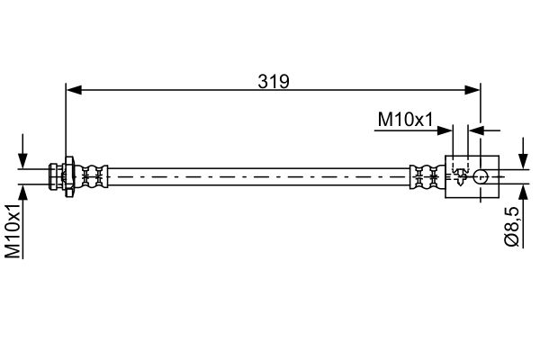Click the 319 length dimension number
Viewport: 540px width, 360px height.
pos(274,82)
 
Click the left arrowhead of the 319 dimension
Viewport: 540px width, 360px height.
pos(74,90)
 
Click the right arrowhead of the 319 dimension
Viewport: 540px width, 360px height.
pos(472,90)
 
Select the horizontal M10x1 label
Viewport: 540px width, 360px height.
pos(405,120)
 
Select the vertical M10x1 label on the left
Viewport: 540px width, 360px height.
pos(13,230)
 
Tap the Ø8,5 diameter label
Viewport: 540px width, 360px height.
pos(512,226)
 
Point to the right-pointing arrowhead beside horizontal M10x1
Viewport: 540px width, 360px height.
pos(445,130)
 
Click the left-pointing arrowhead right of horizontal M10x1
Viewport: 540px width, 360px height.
pos(476,130)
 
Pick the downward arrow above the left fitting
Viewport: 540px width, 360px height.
pos(22,151)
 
